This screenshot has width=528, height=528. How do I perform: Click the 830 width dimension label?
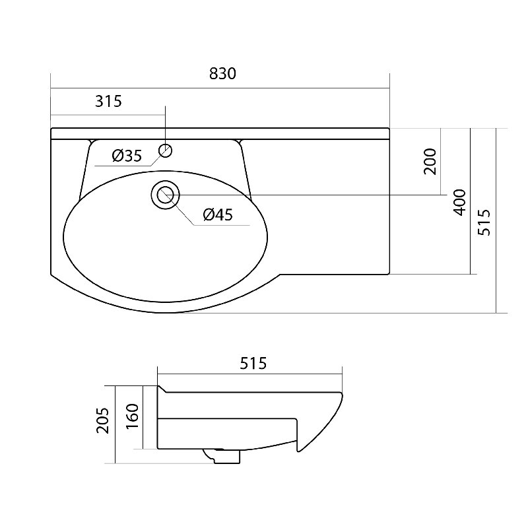222,74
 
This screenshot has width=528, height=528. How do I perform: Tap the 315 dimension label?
108,101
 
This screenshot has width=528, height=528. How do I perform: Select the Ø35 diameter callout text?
127,156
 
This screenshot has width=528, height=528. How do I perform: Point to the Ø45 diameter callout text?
218,214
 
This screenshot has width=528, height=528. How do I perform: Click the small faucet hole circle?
166,150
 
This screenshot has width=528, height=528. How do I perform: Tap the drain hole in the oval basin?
166,195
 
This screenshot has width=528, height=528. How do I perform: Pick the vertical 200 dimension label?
430,161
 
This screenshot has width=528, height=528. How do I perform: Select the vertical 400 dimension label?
459,203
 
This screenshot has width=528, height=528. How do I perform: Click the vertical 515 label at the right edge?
484,222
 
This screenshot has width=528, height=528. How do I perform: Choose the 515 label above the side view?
253,363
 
